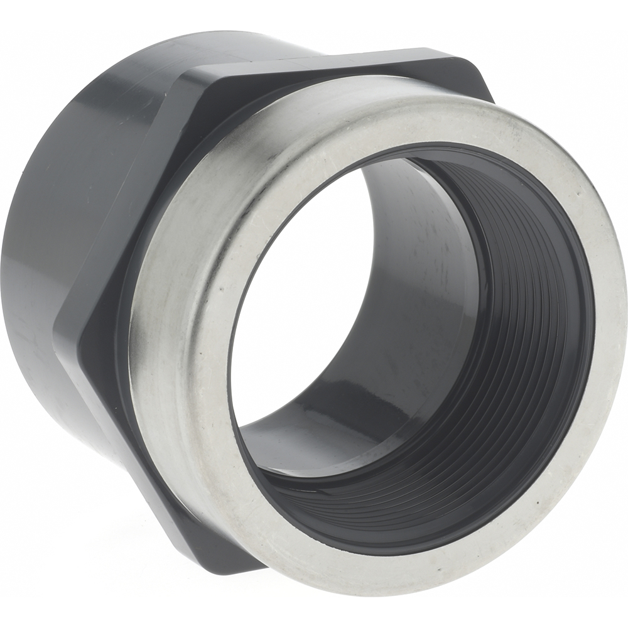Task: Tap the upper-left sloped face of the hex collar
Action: pyautogui.click(x=126, y=188)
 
